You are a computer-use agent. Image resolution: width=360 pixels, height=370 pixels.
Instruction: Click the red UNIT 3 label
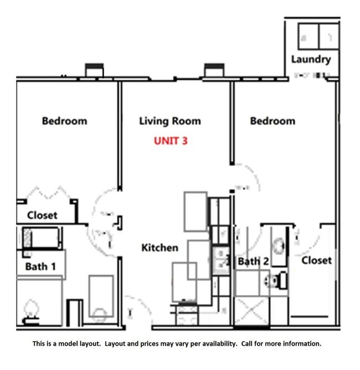pyautogui.click(x=171, y=141)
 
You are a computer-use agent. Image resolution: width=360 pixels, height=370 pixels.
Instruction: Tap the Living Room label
pyautogui.click(x=170, y=121)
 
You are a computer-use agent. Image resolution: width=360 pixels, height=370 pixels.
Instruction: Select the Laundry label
pyautogui.click(x=311, y=59)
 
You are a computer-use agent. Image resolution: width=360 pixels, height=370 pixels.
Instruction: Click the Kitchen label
pyautogui.click(x=160, y=248)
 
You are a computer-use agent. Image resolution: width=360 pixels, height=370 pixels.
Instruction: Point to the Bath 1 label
pyautogui.click(x=40, y=266)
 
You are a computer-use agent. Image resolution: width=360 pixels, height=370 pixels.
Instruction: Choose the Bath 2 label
pyautogui.click(x=253, y=261)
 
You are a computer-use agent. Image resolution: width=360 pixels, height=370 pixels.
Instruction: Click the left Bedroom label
pyautogui.click(x=64, y=121)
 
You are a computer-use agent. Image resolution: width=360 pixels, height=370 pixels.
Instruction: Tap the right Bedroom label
pyautogui.click(x=272, y=121)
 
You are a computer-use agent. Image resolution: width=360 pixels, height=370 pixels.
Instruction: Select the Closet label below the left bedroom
pyautogui.click(x=43, y=215)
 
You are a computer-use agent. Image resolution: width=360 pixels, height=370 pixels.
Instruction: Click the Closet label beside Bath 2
pyautogui.click(x=317, y=260)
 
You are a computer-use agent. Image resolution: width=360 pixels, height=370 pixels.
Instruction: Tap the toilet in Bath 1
pyautogui.click(x=32, y=310)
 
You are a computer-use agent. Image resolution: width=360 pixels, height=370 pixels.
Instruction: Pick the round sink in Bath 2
pyautogui.click(x=279, y=244)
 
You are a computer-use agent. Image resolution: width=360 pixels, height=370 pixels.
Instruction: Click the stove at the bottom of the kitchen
pyautogui.click(x=187, y=315)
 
